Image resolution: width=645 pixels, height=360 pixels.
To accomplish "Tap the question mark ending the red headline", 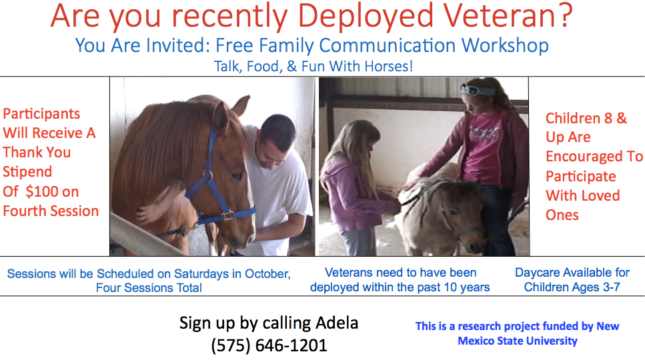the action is pos(566,15).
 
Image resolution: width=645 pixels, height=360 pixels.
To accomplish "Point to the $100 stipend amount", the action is pos(42,191).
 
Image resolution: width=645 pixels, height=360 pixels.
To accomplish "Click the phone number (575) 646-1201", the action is pos(269,345).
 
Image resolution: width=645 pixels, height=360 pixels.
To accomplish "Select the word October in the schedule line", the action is pos(267,274).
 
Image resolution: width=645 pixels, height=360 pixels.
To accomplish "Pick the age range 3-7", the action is pos(611,287).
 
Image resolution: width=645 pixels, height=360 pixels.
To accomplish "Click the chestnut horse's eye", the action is pos(237,177).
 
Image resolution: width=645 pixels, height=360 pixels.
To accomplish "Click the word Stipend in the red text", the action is pos(27,172).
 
